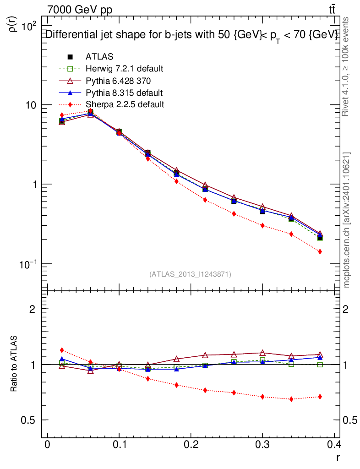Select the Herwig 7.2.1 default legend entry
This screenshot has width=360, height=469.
(x=124, y=69)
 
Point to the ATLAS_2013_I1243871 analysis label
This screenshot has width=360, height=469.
(x=190, y=274)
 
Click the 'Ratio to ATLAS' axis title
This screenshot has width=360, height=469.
(x=14, y=364)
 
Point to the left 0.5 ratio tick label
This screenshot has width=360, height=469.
(x=29, y=420)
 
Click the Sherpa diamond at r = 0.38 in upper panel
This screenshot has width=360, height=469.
(x=320, y=251)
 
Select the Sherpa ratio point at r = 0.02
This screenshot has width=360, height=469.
(x=62, y=350)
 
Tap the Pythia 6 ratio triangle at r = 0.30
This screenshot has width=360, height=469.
(x=262, y=353)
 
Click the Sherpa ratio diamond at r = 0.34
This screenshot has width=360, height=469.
(x=291, y=399)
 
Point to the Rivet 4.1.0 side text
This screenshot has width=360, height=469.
(x=346, y=66)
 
